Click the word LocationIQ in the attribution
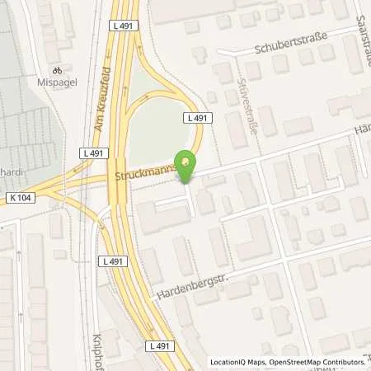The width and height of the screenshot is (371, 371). pyautogui.click(x=229, y=362)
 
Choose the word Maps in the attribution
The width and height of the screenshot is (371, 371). pyautogui.click(x=257, y=362)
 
